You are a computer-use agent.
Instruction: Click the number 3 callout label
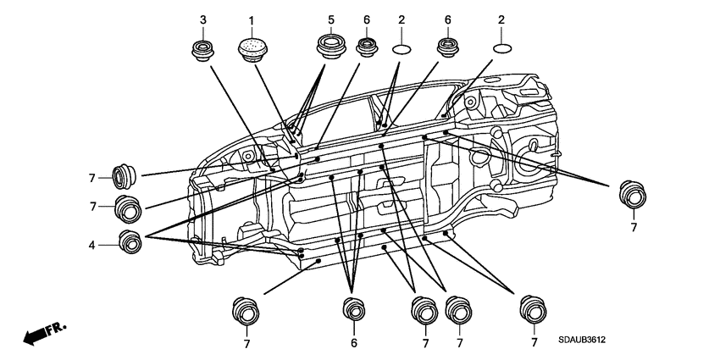pyautogui.click(x=203, y=19)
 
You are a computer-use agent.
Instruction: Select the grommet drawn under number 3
pyautogui.click(x=203, y=51)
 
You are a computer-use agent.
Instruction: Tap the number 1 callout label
pyautogui.click(x=252, y=20)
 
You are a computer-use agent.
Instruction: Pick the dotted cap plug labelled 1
pyautogui.click(x=252, y=50)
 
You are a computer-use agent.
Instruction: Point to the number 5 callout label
pyautogui.click(x=331, y=19)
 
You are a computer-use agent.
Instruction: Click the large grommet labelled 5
pyautogui.click(x=331, y=47)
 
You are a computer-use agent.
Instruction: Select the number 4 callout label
pyautogui.click(x=91, y=245)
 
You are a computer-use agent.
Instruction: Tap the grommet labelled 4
pyautogui.click(x=130, y=242)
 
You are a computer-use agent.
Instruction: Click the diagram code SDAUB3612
pyautogui.click(x=582, y=341)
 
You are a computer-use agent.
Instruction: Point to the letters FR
pyautogui.click(x=58, y=329)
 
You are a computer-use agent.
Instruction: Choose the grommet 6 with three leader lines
pyautogui.click(x=354, y=309)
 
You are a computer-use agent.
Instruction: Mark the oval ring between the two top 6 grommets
pyautogui.click(x=402, y=49)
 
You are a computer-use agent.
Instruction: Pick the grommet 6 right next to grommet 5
pyautogui.click(x=367, y=47)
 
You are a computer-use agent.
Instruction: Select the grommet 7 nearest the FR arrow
pyautogui.click(x=246, y=312)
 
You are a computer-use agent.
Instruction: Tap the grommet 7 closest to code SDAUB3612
pyautogui.click(x=533, y=310)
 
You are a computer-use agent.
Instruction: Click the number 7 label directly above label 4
pyautogui.click(x=93, y=207)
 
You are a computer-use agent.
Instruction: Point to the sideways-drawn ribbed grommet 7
pyautogui.click(x=124, y=176)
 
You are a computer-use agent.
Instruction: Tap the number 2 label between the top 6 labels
pyautogui.click(x=402, y=19)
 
